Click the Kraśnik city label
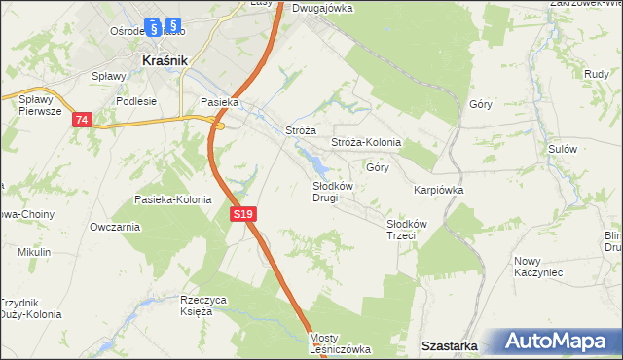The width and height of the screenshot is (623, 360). click(164, 59)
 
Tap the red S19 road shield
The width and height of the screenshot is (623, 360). click(244, 214)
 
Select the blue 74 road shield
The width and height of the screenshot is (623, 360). click(81, 119)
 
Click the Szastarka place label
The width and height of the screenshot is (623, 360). click(449, 345)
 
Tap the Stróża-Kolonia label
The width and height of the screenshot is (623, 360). click(366, 142)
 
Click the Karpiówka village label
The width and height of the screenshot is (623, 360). click(437, 190)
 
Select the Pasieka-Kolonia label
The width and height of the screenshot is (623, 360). click(172, 199)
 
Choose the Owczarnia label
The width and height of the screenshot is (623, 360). click(114, 227)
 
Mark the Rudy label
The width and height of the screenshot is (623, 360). click(597, 73)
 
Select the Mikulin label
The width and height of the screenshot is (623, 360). click(33, 252)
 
